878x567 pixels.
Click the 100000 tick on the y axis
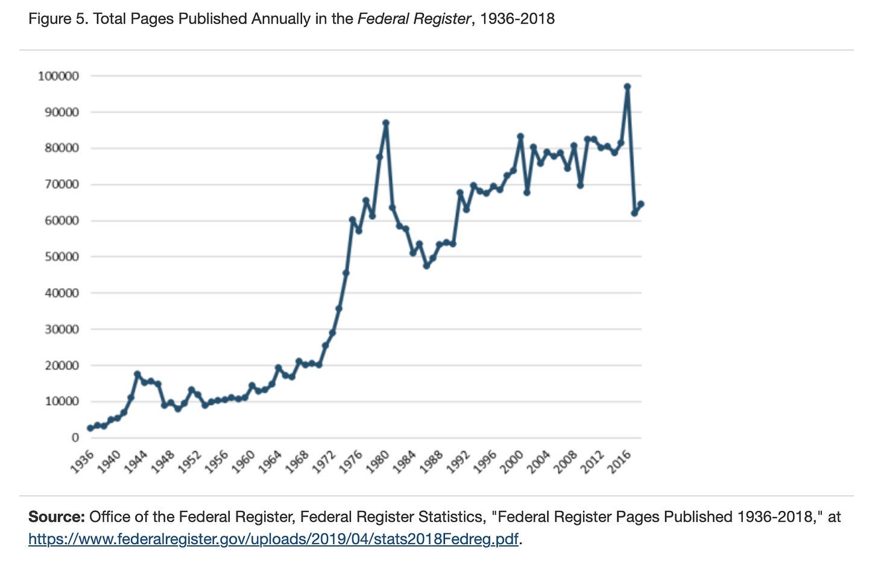58,76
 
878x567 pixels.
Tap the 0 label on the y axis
75,437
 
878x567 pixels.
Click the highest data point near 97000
627,86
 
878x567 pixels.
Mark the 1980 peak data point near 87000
386,123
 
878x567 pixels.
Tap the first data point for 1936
90,428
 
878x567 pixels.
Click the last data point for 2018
641,204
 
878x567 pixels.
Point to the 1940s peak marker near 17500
137,374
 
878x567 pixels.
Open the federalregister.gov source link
273,539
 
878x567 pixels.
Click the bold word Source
56,517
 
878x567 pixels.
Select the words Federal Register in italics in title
414,19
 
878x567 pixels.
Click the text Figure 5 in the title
58,19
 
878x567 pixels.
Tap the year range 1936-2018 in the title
517,19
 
